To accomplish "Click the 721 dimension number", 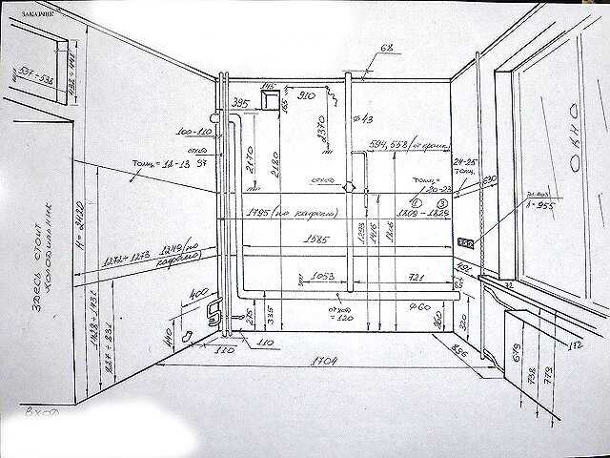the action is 416,277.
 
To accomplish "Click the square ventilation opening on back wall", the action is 272,98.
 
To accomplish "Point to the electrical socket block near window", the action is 466,242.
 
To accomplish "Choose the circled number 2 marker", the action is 442,202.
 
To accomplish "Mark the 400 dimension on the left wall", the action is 199,292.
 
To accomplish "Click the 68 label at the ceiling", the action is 387,48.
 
